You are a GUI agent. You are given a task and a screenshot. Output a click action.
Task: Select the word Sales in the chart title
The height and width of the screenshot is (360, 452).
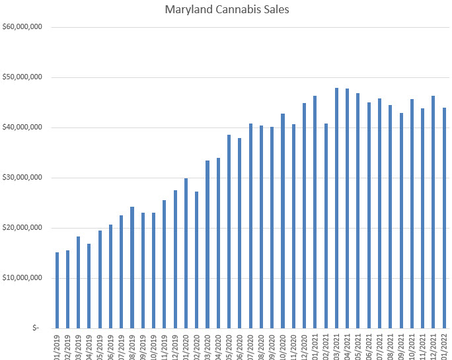[267, 10]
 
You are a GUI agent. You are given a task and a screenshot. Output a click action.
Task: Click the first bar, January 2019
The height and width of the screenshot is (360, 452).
[57, 290]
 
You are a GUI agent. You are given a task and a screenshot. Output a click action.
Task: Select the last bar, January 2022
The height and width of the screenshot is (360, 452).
[445, 218]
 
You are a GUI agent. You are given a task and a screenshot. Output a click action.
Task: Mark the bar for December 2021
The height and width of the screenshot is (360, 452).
[433, 212]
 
